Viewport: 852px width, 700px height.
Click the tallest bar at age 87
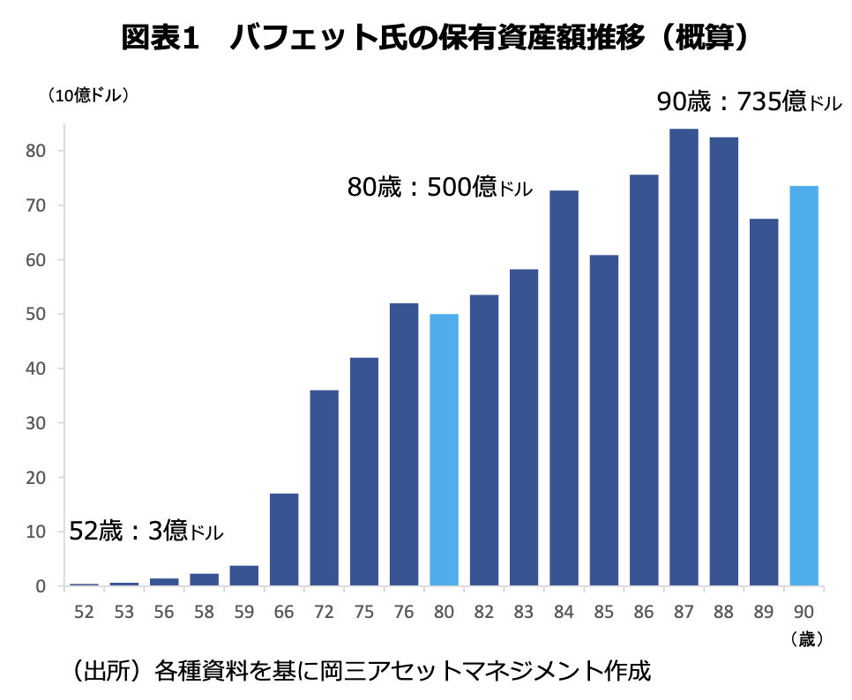point(684,357)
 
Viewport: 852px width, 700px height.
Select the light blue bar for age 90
point(803,386)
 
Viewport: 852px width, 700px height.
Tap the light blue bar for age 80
point(444,450)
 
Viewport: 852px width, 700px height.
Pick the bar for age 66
point(284,540)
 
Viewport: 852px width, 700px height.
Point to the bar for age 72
point(324,488)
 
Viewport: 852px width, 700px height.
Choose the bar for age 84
point(564,388)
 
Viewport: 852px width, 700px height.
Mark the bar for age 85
point(604,421)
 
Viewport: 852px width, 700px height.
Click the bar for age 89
point(764,402)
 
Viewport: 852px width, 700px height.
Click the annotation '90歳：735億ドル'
point(749,102)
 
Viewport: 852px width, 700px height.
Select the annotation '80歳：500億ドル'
point(439,187)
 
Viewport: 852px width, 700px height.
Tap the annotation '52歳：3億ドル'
point(146,532)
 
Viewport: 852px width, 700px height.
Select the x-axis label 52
point(84,612)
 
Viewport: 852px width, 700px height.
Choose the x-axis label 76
point(404,612)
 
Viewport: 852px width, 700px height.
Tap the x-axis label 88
point(723,612)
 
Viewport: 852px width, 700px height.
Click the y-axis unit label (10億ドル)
point(89,96)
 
